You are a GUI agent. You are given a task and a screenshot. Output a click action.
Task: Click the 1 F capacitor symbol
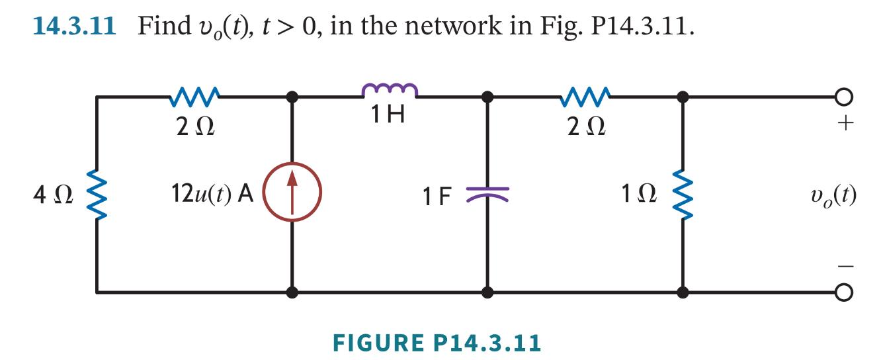487,193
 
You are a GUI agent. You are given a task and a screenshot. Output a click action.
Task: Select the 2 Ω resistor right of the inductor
585,98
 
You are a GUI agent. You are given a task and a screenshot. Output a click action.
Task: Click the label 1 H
388,116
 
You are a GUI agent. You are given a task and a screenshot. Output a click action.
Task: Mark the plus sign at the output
849,124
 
